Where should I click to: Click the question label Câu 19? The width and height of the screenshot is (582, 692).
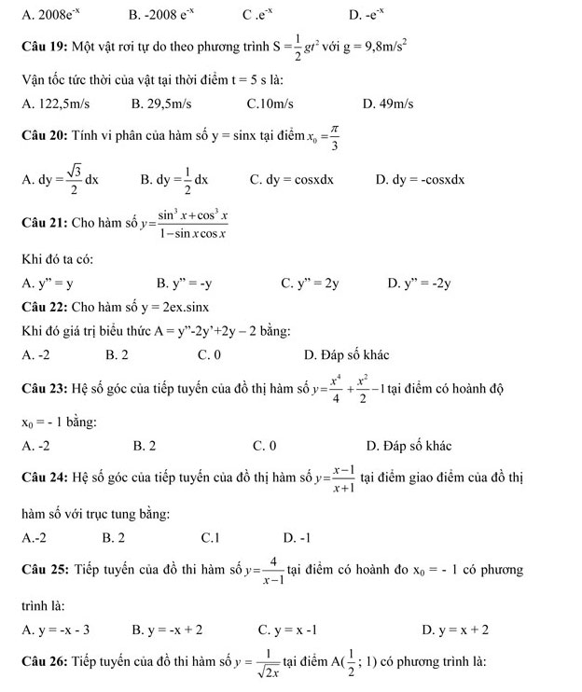[44, 46]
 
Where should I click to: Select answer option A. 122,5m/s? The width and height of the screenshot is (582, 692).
[62, 104]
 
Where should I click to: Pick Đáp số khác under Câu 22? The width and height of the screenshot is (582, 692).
[347, 354]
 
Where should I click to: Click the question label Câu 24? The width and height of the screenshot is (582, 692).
[44, 478]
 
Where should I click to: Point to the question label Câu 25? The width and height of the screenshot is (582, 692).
[44, 569]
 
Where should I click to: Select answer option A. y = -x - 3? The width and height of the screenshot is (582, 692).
[61, 630]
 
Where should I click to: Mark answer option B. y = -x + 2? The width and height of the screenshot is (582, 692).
[168, 630]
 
